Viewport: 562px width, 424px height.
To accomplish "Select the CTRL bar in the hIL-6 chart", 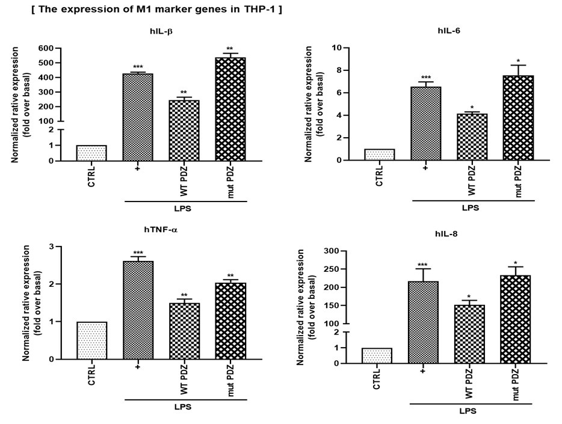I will point(379,155).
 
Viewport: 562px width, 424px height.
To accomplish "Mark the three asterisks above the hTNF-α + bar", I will point(138,253).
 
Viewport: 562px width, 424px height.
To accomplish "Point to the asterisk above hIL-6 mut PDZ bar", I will point(518,61).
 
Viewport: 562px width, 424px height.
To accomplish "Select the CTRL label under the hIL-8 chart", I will point(377,378).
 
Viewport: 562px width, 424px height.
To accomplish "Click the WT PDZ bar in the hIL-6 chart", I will point(472,137).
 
